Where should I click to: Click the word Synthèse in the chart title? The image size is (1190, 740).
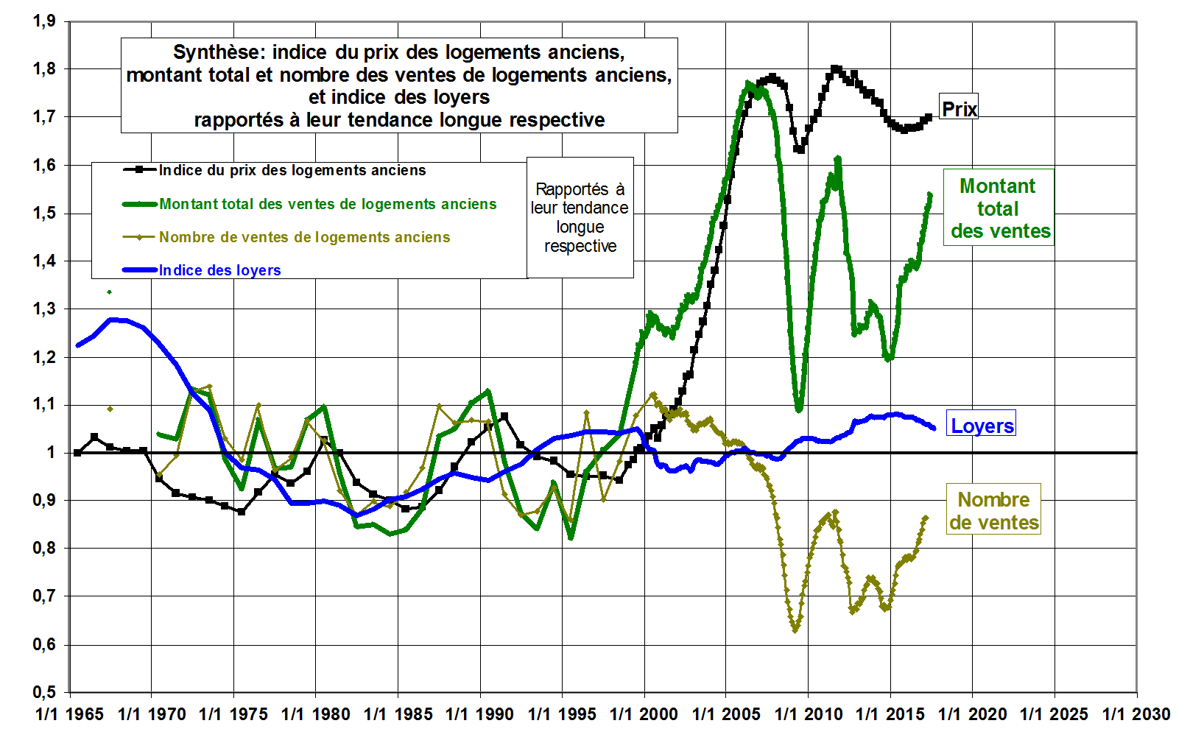pyautogui.click(x=219, y=52)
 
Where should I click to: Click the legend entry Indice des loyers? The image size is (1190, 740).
pyautogui.click(x=219, y=270)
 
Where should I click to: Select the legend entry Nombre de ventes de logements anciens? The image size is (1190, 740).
pyautogui.click(x=304, y=237)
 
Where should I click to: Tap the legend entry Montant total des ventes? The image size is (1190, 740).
pyautogui.click(x=328, y=204)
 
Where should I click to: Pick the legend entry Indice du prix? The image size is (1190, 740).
pyautogui.click(x=292, y=170)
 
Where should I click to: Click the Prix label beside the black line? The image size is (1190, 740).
pyautogui.click(x=959, y=109)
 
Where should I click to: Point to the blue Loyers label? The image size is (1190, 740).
pyautogui.click(x=982, y=425)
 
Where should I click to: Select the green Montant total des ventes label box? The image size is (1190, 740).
pyautogui.click(x=999, y=208)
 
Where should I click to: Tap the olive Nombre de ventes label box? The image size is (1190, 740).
pyautogui.click(x=993, y=510)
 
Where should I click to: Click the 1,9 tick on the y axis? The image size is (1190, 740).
pyautogui.click(x=44, y=21)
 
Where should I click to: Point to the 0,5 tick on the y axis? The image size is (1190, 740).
pyautogui.click(x=44, y=692)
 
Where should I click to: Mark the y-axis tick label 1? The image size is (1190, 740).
pyautogui.click(x=51, y=452)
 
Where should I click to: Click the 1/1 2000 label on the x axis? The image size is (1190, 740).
pyautogui.click(x=644, y=714)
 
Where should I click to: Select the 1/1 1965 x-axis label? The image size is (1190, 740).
pyautogui.click(x=70, y=714)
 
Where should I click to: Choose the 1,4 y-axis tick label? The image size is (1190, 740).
pyautogui.click(x=44, y=261)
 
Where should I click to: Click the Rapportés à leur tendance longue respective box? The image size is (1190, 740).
pyautogui.click(x=580, y=217)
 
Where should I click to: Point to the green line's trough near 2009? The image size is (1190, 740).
pyautogui.click(x=799, y=409)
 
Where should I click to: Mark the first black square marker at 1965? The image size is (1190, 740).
pyautogui.click(x=77, y=453)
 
